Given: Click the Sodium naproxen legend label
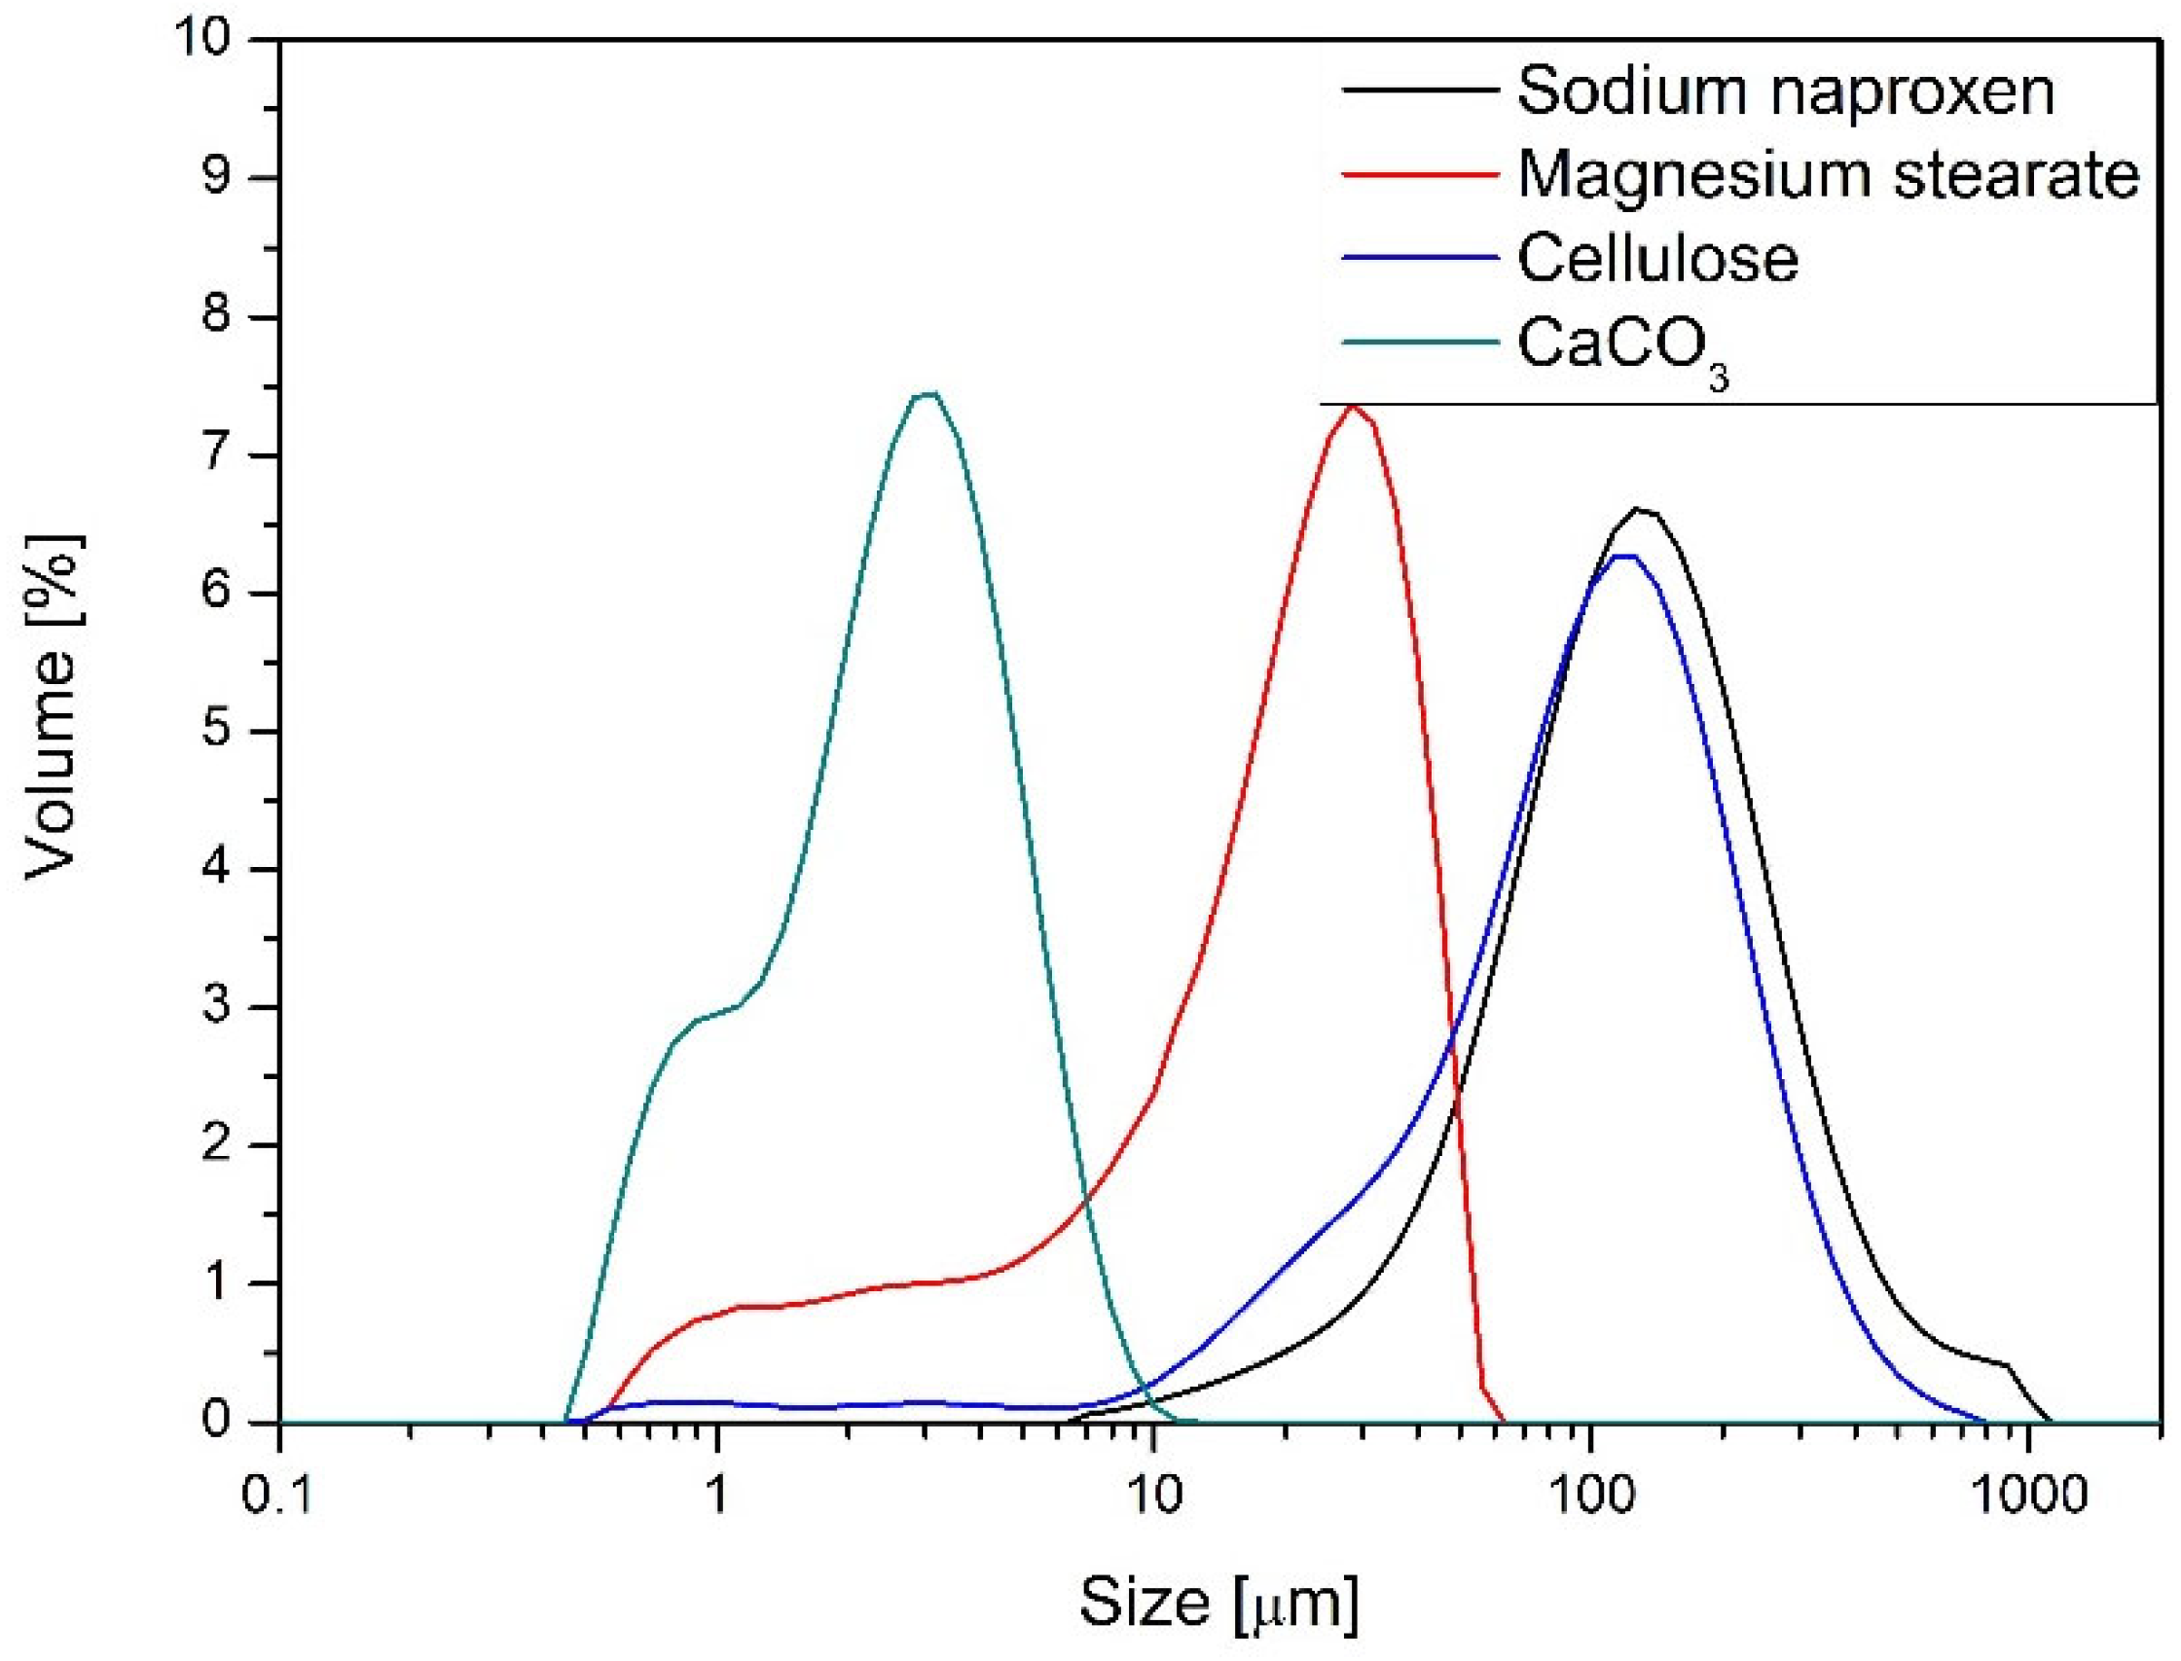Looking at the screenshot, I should tap(1786, 91).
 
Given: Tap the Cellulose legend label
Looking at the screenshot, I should tap(1658, 259).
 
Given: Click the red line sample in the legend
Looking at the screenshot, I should tap(1418, 174).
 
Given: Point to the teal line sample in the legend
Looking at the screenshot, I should tap(1418, 343).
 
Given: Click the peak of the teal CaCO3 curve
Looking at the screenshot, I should tap(927, 393).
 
